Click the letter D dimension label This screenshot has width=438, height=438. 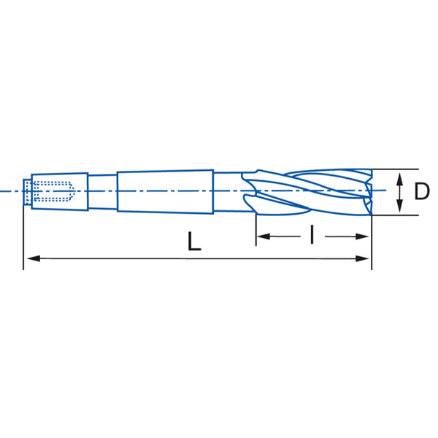[422, 191]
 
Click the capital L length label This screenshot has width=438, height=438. [194, 241]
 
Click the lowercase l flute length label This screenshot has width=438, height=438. [312, 234]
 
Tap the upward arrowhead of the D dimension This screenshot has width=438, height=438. [400, 179]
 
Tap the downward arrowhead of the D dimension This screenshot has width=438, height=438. [400, 205]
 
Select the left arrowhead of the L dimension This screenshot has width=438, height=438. [34, 258]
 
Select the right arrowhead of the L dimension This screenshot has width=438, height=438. [362, 258]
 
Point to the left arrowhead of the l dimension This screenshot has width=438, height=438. [264, 237]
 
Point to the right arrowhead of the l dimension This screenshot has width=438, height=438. [362, 237]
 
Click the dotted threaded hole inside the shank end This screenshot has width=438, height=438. [53, 191]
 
